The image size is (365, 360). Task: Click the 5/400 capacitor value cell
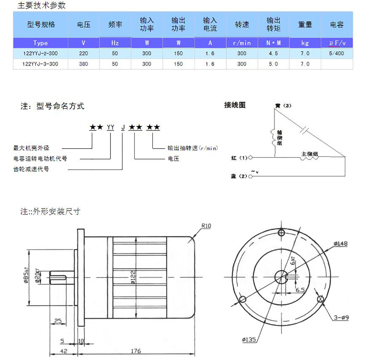(x=336, y=53)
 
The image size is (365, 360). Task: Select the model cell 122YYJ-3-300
(x=40, y=64)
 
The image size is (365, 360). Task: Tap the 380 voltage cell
(x=83, y=64)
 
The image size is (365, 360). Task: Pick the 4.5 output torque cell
(x=273, y=53)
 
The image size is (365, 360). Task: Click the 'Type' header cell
(x=40, y=43)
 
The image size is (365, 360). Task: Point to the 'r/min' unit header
(x=242, y=43)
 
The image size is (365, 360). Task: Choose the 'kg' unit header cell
(x=305, y=43)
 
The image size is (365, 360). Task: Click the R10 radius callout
(x=206, y=226)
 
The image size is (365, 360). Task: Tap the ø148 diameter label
(x=340, y=244)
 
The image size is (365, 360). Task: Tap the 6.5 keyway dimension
(x=300, y=289)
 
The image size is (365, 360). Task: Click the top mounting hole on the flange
(x=281, y=233)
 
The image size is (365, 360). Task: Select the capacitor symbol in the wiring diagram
(x=304, y=129)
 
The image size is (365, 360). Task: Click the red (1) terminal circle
(x=250, y=158)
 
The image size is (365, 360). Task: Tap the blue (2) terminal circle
(x=250, y=177)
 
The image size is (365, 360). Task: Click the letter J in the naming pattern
(x=123, y=127)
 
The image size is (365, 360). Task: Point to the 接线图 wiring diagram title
(x=235, y=105)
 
